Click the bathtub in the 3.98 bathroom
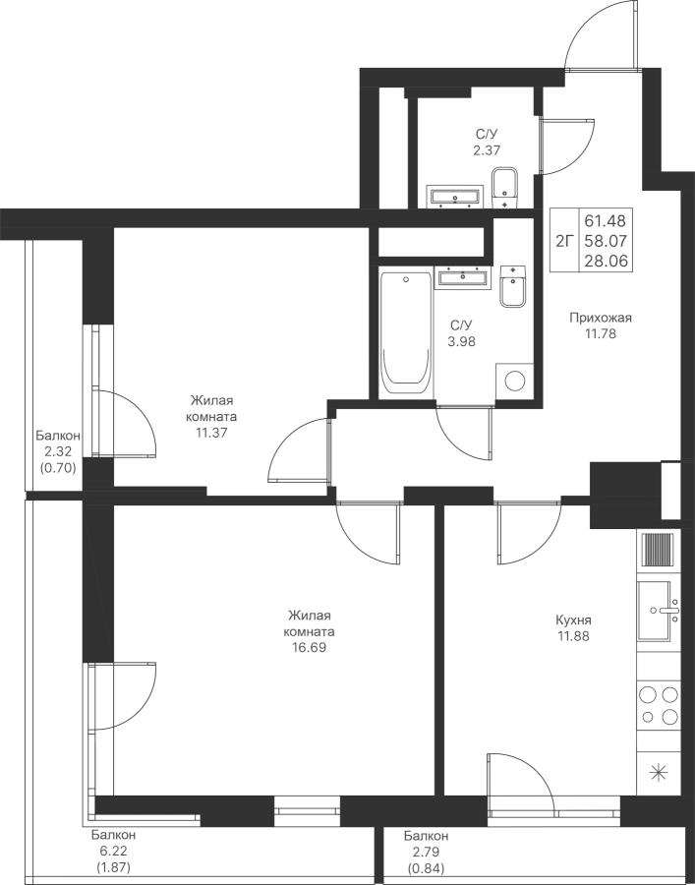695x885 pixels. coord(405,334)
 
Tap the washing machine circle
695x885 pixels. coord(514,381)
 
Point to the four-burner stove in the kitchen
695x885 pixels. coord(659,705)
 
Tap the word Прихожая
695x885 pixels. coord(601,318)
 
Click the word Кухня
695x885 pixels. coord(573,620)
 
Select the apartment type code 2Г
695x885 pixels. coord(564,242)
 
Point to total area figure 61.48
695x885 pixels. coord(606,220)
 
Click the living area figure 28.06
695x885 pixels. coord(606,261)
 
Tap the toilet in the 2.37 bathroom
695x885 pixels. coord(504,188)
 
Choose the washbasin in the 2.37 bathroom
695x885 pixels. coord(455,197)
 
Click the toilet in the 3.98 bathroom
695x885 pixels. coord(513,286)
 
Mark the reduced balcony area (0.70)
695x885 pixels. coord(58,468)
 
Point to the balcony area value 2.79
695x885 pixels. coord(426,853)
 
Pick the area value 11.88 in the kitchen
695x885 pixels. coord(573,636)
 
